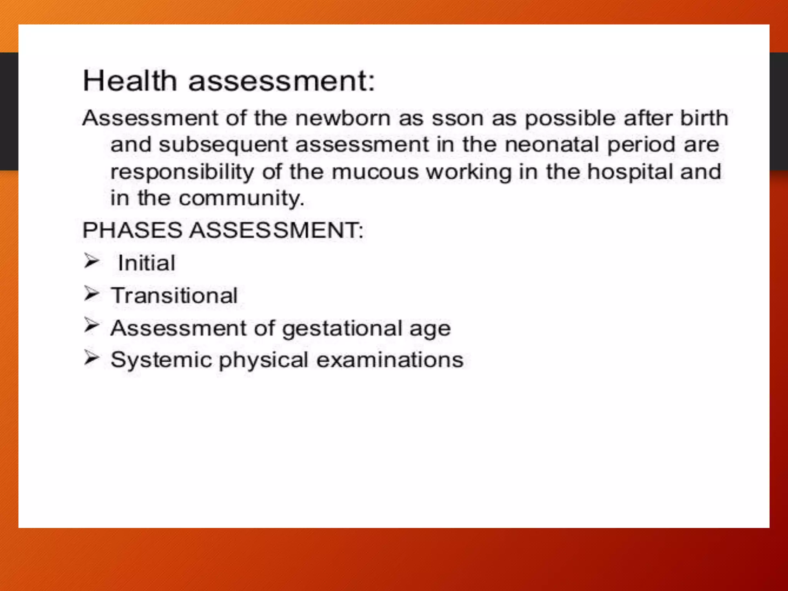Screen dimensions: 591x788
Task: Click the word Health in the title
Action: tap(130, 81)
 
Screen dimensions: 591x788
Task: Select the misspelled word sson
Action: tap(457, 118)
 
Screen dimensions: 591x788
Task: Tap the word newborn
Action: tap(343, 118)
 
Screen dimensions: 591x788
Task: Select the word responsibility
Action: tap(182, 172)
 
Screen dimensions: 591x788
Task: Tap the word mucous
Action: tap(375, 172)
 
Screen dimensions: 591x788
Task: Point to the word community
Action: tap(241, 199)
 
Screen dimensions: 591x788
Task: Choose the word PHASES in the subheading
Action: tap(132, 230)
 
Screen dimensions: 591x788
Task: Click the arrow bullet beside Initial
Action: tap(92, 261)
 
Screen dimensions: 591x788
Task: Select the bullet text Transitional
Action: tap(174, 295)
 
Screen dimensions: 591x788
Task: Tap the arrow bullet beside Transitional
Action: tap(92, 294)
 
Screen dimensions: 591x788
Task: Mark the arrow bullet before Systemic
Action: tap(92, 358)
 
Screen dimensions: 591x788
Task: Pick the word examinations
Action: tap(390, 360)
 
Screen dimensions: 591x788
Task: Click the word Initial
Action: tap(147, 263)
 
